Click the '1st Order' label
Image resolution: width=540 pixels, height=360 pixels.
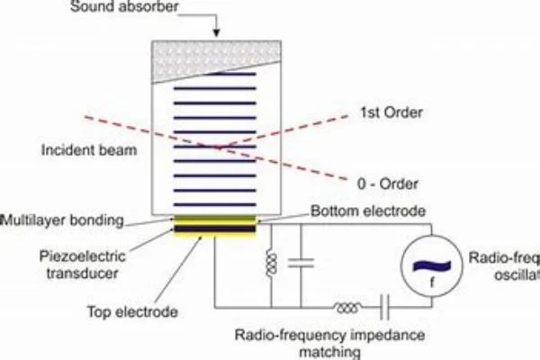pos(379,113)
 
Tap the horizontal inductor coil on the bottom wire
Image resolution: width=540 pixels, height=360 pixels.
pos(344,309)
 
